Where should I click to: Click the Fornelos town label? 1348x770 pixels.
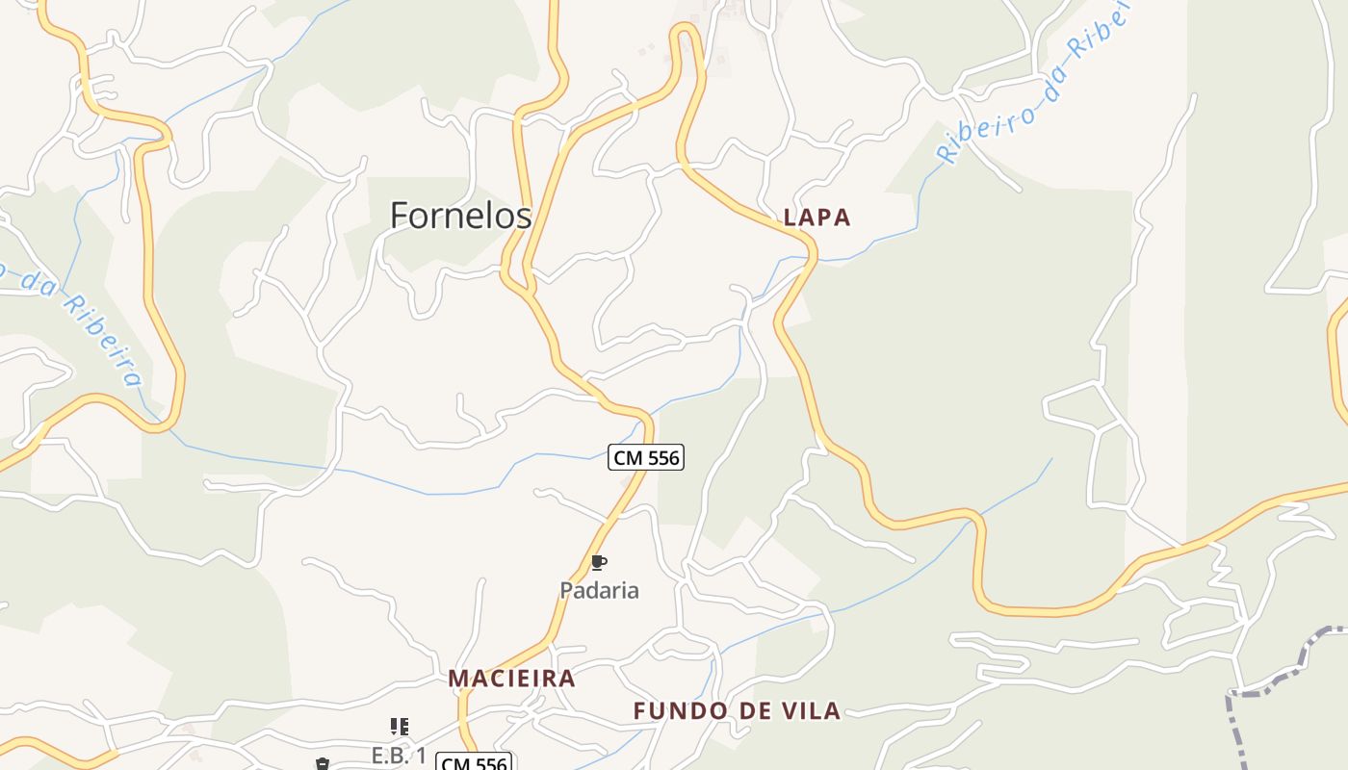pos(460,215)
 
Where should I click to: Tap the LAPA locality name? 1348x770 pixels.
pos(817,218)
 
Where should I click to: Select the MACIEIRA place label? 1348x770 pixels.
pos(511,679)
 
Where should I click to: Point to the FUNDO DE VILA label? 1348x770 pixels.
pos(737,711)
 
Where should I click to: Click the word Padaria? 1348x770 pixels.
pos(599,590)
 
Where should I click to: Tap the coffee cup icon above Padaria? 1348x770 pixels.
pos(598,562)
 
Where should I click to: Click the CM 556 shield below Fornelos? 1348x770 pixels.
pos(646,457)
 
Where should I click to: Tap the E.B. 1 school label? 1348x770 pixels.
pos(399,755)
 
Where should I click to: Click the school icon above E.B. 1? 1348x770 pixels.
pos(399,727)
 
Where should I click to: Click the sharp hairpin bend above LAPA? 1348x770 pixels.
pos(686,31)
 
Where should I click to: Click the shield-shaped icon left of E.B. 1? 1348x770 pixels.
pos(322,764)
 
